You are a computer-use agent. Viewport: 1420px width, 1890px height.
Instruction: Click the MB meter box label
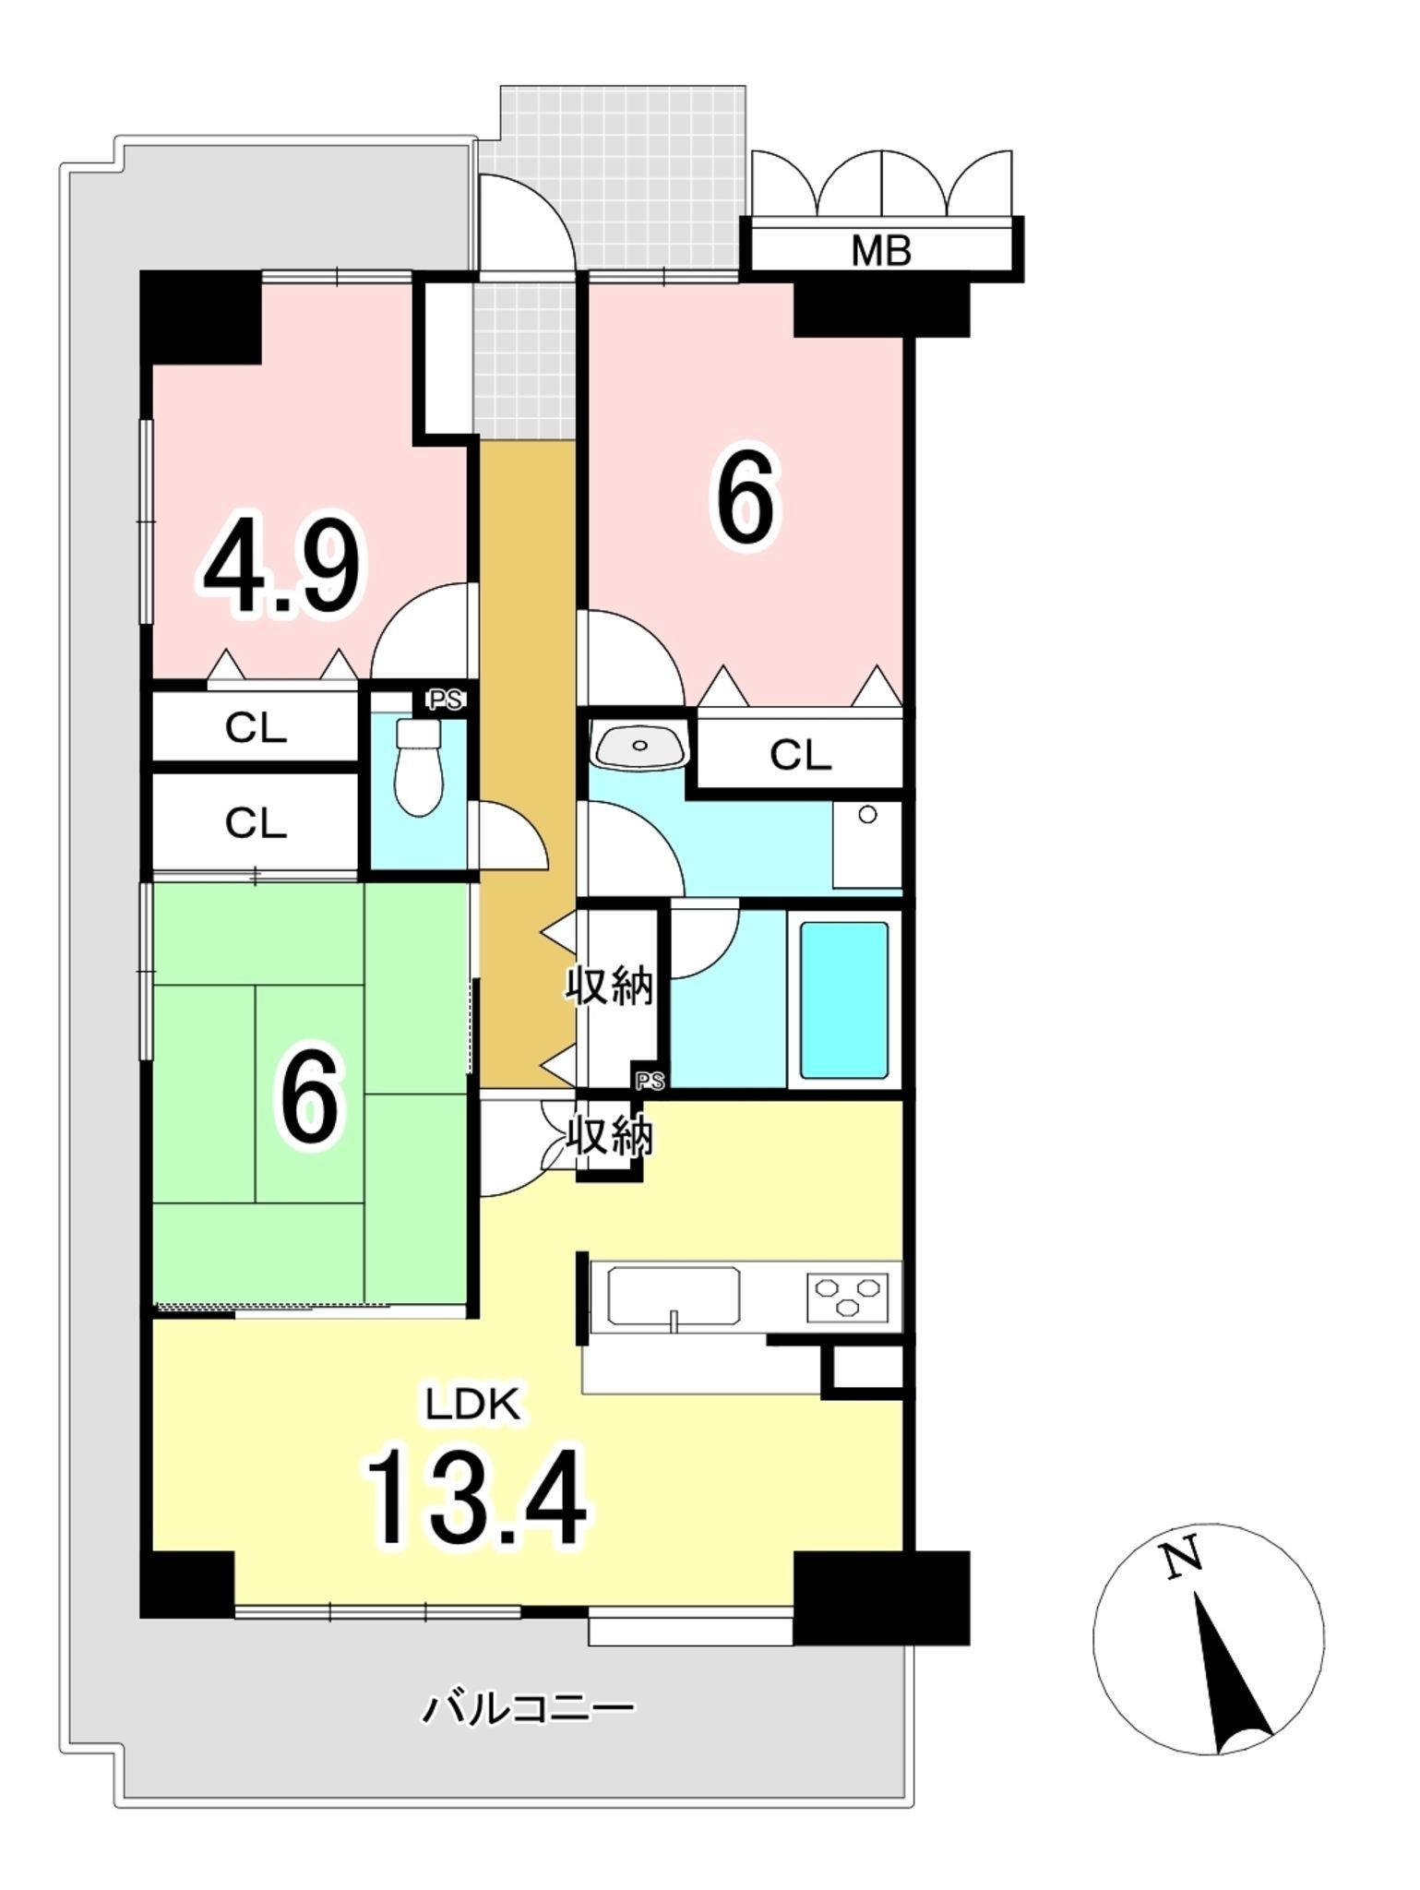881,250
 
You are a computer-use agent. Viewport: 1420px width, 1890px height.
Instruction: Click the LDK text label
472,1404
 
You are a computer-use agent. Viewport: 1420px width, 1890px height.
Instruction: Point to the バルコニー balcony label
529,1709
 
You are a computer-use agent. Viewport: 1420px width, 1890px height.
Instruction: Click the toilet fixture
419,766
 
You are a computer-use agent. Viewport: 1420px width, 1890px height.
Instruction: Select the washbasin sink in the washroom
641,745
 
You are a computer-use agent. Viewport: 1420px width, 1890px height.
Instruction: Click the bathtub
844,999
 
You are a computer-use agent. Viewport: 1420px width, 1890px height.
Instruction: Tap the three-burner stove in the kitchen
847,1296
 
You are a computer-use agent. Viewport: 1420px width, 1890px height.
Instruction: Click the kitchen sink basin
674,1296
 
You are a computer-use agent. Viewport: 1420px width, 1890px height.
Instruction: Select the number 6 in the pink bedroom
744,500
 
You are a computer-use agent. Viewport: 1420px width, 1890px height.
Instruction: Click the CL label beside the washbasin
801,756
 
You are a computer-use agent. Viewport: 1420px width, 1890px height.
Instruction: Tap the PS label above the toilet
445,700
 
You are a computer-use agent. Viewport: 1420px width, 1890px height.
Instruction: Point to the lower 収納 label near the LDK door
610,1136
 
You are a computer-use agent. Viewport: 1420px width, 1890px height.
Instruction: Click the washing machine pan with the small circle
866,844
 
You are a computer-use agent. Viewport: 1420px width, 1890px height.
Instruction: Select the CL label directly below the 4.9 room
256,729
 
